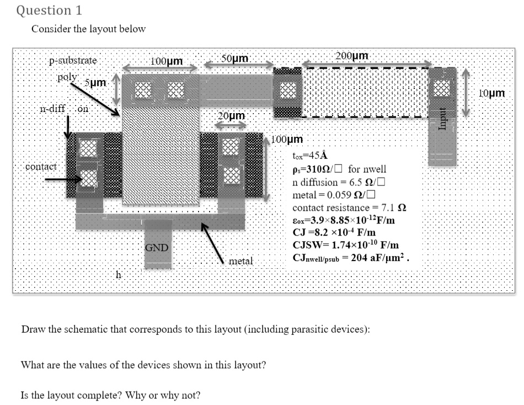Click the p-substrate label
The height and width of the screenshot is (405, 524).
click(x=73, y=60)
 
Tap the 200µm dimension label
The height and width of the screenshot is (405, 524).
click(x=351, y=56)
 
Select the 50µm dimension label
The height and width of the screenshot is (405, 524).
click(x=235, y=58)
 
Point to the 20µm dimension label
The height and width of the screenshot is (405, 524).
click(x=231, y=116)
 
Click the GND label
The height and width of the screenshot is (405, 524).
click(x=157, y=247)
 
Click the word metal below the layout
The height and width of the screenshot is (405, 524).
click(x=240, y=260)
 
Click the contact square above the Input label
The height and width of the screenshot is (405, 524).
click(x=442, y=87)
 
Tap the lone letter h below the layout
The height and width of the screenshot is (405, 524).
click(x=117, y=274)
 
